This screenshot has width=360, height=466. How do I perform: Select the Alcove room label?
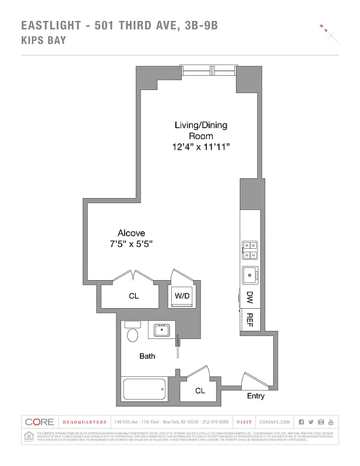[131, 232]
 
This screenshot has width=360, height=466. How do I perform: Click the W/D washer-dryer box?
[182, 296]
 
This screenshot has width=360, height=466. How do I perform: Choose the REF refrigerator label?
[249, 319]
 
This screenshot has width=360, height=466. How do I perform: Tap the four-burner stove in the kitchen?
[249, 249]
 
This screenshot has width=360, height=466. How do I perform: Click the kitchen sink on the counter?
[249, 273]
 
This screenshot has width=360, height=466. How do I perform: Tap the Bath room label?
[147, 356]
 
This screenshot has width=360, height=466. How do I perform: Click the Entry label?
[256, 396]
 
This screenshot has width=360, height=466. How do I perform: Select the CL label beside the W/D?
[133, 296]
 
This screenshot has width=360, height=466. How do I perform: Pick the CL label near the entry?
[200, 391]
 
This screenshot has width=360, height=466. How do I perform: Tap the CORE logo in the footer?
[40, 422]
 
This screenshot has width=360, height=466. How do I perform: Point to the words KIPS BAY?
[43, 40]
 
